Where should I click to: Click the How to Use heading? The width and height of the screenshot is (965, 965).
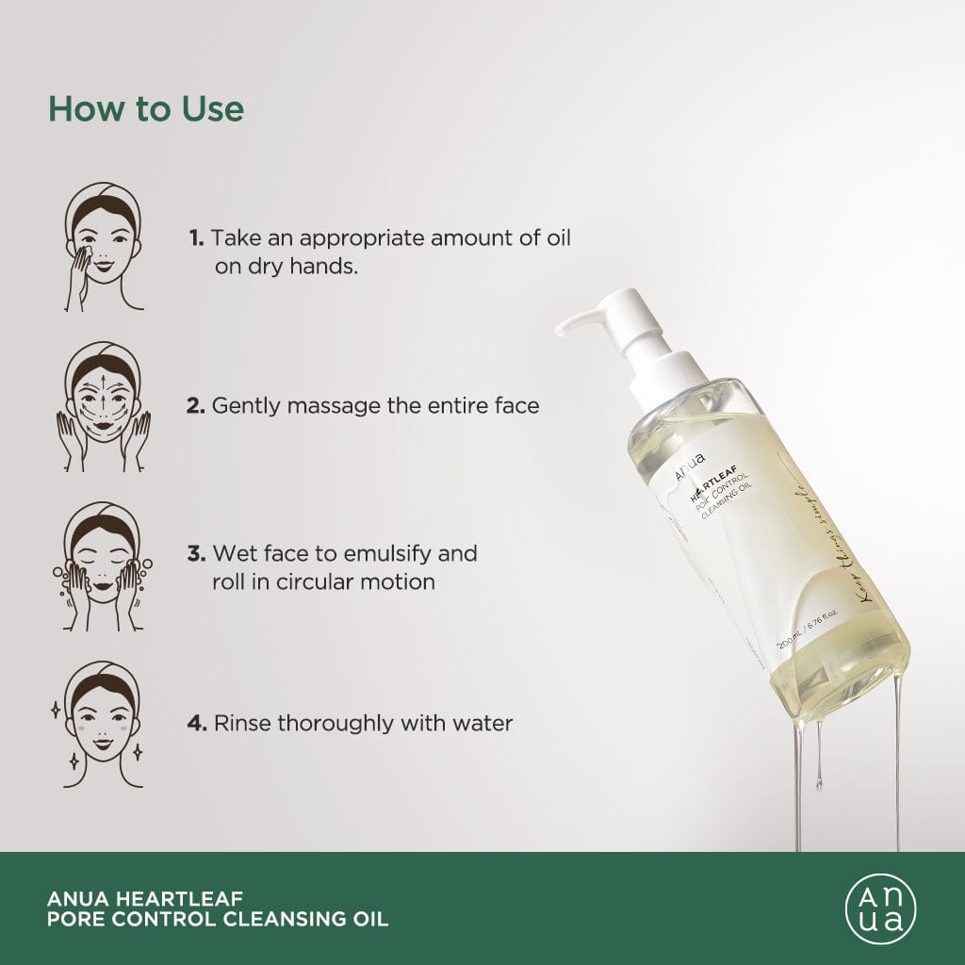point(146,108)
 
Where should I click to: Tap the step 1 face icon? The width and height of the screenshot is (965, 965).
point(104,247)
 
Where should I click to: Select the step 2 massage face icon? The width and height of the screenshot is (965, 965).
point(104,406)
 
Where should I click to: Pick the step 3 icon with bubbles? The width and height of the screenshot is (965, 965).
point(104,566)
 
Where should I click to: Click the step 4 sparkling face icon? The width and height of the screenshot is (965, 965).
point(104,724)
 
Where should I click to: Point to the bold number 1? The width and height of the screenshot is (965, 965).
point(195,237)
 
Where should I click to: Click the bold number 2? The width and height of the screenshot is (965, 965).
point(196,406)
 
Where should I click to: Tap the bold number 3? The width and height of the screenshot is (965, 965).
point(196,553)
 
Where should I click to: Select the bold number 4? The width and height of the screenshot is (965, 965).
point(196,724)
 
